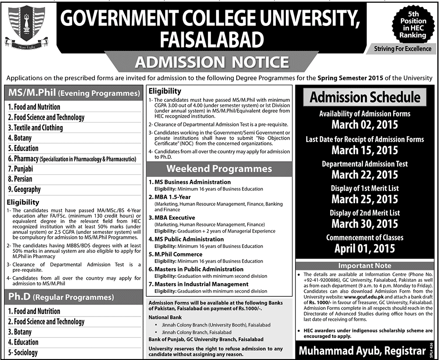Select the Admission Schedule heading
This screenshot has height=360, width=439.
point(365,97)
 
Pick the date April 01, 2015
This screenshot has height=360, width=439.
point(365,248)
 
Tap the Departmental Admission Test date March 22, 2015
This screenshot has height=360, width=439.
point(365,174)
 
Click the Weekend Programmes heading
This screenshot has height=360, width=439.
point(218,169)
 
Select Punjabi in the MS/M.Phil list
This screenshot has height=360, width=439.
point(21,169)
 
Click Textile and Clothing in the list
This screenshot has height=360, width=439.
point(36,128)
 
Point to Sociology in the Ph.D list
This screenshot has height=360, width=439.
point(23,353)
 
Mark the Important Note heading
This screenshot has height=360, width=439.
point(365,266)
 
